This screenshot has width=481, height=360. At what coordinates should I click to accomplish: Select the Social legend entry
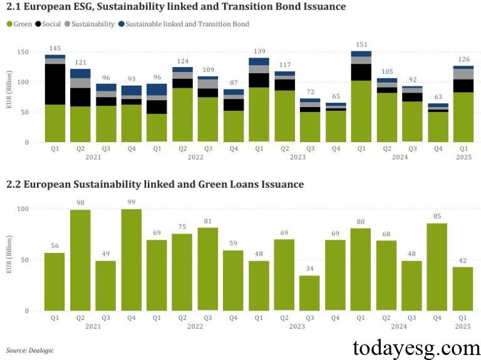[x=51, y=24]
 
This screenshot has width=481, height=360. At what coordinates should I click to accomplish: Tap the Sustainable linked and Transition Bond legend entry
[x=187, y=24]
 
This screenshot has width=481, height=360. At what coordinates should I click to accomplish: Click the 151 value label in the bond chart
[x=360, y=44]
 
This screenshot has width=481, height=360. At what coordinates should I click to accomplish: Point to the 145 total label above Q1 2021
[x=55, y=48]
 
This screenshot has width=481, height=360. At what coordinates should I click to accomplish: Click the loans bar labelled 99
[x=131, y=260]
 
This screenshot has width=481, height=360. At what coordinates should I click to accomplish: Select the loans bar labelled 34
[x=309, y=293]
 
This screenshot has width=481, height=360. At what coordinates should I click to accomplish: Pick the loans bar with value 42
[x=462, y=289]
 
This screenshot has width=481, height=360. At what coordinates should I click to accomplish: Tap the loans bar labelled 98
[x=80, y=260]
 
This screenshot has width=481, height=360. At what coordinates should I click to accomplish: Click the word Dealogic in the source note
[x=41, y=349]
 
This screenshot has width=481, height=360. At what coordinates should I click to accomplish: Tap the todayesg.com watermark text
[x=416, y=347]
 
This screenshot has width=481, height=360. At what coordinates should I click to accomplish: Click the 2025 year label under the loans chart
[x=462, y=326]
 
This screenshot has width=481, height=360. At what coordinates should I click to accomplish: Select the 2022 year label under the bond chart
[x=195, y=157]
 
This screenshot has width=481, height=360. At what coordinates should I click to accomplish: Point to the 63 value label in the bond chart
[x=437, y=97]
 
